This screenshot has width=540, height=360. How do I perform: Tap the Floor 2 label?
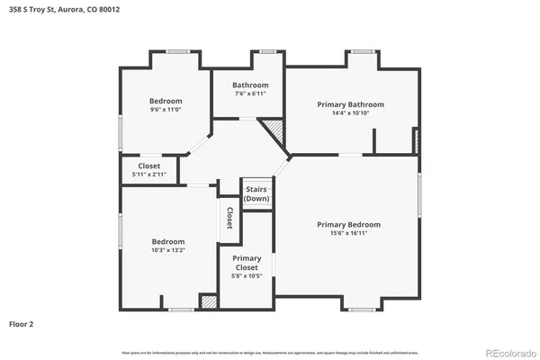(22, 323)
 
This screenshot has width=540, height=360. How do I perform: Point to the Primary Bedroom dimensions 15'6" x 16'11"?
(348, 233)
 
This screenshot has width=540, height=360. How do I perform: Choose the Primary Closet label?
(246, 263)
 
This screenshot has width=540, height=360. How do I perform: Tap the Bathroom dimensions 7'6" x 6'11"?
(250, 94)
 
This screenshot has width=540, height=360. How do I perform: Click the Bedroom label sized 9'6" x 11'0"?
(166, 101)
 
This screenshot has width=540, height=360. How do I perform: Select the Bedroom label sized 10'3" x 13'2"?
(167, 241)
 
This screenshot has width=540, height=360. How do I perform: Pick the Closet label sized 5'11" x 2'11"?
(148, 166)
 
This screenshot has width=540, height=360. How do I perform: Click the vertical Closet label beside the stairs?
(229, 218)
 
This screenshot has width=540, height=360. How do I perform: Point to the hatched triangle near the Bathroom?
(274, 135)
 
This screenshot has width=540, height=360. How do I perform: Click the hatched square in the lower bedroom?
(209, 303)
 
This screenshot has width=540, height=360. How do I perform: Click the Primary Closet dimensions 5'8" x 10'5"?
(246, 276)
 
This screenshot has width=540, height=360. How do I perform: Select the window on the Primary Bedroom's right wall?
(418, 194)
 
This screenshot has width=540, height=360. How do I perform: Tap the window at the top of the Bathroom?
(267, 51)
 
